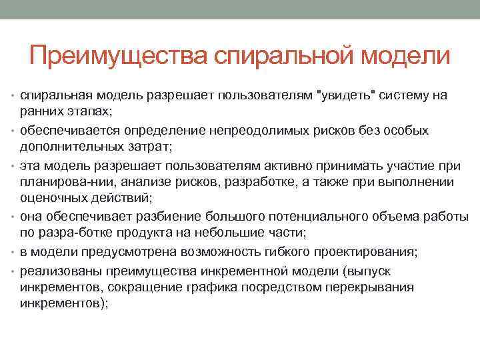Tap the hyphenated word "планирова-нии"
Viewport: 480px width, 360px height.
(63, 182)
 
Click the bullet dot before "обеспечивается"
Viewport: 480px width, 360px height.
(15, 129)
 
